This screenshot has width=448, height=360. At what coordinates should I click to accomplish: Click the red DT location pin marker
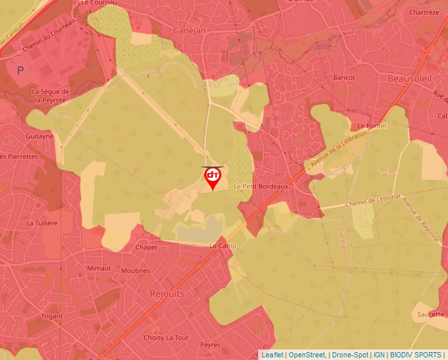213,177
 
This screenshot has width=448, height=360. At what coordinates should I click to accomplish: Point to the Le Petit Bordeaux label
261,186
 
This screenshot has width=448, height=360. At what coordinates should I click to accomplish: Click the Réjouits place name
167,293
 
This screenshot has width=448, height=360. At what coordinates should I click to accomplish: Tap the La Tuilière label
42,223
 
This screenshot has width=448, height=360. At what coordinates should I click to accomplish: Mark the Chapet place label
146,247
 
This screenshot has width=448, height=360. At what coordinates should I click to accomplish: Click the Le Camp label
222,245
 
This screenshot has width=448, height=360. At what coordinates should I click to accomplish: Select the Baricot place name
344,78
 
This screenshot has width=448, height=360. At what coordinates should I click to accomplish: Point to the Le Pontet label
370,125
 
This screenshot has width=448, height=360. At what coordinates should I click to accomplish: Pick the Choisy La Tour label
166,338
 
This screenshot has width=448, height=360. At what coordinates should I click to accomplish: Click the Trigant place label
52,316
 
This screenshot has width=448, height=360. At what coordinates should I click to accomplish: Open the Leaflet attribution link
272,355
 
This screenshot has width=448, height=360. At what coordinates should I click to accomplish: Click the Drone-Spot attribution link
350,355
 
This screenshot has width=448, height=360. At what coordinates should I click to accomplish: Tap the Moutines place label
135,270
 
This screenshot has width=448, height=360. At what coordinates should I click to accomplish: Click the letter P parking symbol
20,70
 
